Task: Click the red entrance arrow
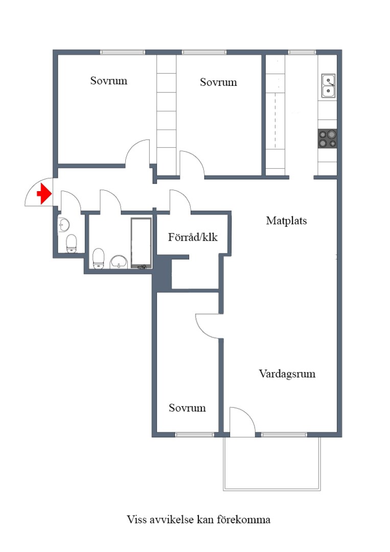point(44,194)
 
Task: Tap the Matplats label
point(286,221)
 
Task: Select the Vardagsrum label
point(287,374)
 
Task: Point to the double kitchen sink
point(328,86)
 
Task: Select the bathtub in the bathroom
point(141,243)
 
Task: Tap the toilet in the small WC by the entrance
point(72,244)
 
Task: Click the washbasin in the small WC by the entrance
point(64,224)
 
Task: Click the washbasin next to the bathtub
point(119,261)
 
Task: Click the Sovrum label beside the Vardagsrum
point(187,408)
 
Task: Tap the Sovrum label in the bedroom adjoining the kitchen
point(218,82)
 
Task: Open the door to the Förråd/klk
point(180,201)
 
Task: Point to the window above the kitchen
point(302,52)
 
